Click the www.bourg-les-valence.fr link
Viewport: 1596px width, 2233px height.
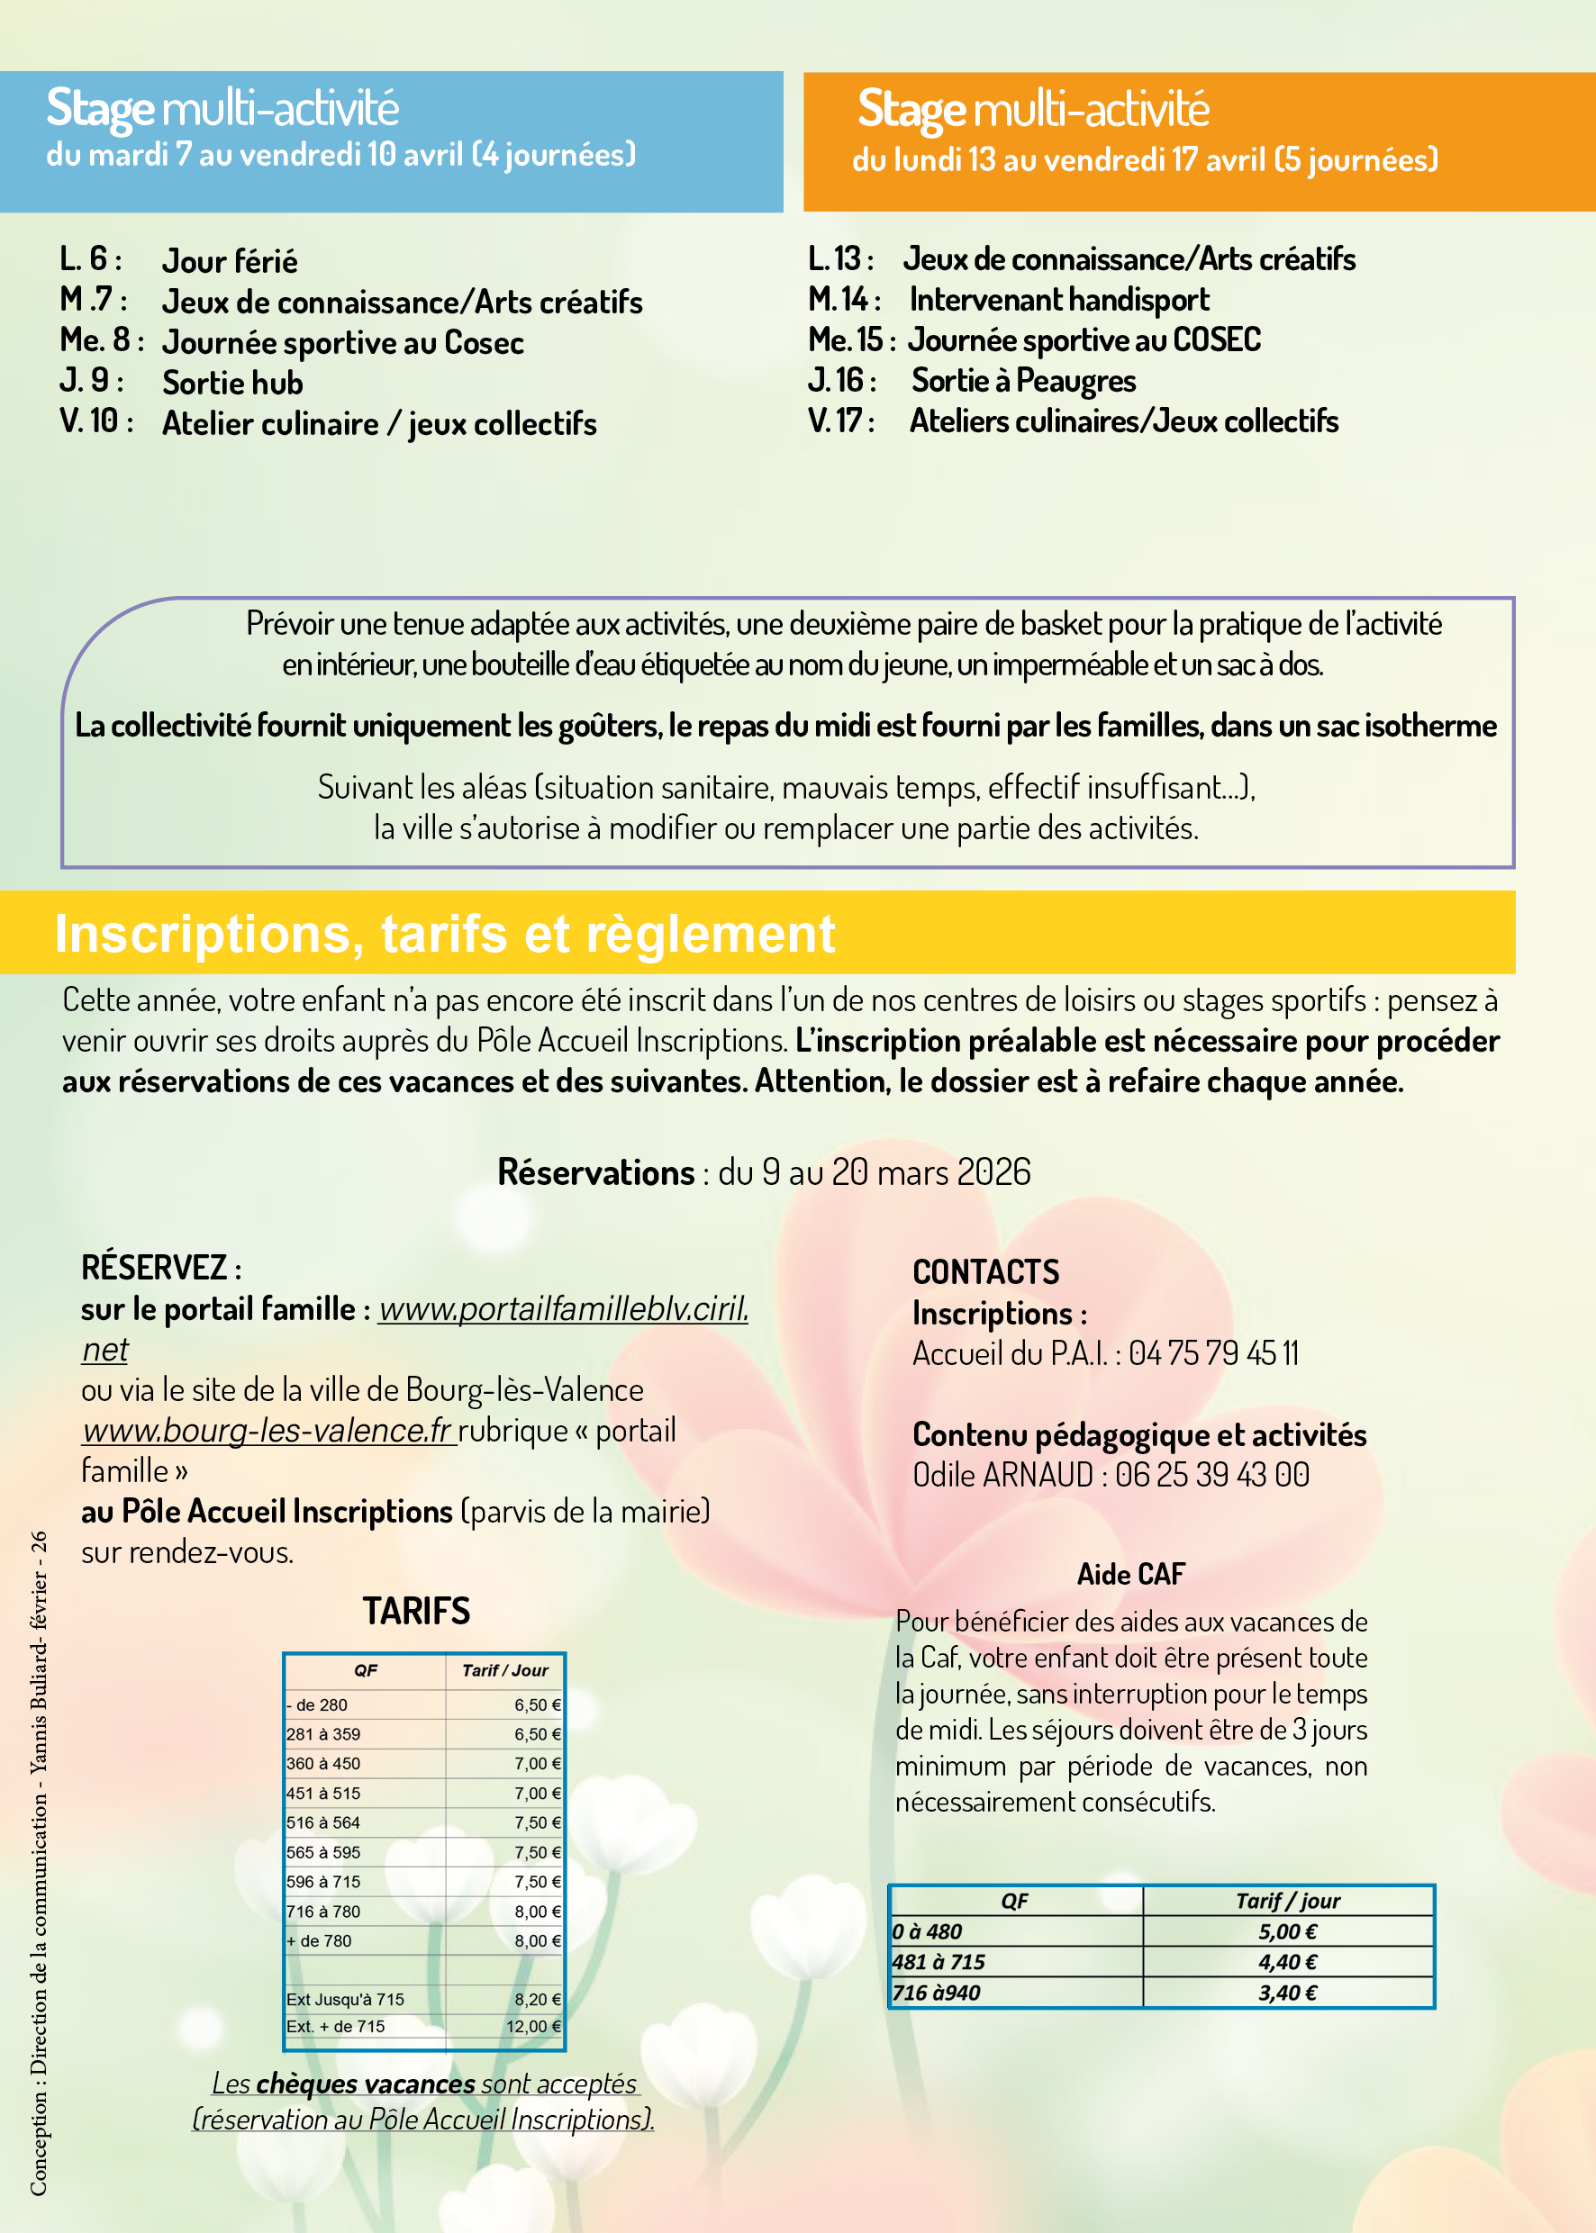pos(268,1431)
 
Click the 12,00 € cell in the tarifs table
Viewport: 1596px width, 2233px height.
pos(532,2027)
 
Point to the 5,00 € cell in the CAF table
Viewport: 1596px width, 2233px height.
pos(1287,1931)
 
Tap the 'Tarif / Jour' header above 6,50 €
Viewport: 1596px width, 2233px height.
pos(505,1670)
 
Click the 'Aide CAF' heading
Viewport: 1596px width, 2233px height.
pos(1130,1575)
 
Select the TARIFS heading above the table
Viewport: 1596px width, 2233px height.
pos(417,1611)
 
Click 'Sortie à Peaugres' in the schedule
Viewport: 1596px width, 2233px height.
pos(1023,380)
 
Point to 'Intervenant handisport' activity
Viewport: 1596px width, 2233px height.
pos(1058,300)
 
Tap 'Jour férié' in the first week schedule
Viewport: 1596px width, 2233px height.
pos(230,261)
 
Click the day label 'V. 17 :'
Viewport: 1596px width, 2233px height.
pos(841,420)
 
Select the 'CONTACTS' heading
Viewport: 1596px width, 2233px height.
pos(985,1272)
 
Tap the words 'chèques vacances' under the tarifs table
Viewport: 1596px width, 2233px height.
pos(367,2084)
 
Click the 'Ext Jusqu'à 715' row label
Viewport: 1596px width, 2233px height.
pos(345,1999)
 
